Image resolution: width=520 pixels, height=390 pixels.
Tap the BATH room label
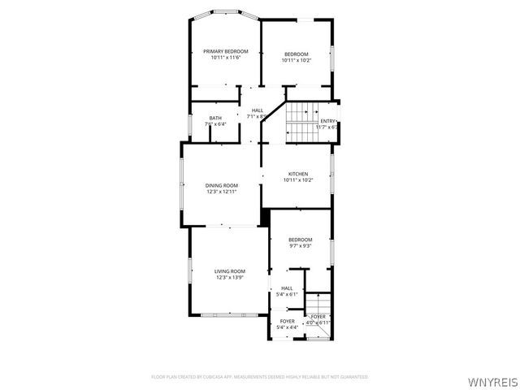click(x=215, y=119)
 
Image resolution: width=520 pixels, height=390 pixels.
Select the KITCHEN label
click(x=298, y=174)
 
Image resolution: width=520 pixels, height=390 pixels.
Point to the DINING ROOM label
click(x=221, y=185)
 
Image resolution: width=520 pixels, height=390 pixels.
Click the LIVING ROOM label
click(x=230, y=271)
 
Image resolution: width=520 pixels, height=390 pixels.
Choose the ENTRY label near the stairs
click(x=327, y=121)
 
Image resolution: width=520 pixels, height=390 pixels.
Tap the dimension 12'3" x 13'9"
click(x=230, y=278)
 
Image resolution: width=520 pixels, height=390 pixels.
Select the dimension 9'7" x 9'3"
click(x=301, y=246)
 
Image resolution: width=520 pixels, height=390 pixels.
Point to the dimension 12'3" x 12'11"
click(x=221, y=192)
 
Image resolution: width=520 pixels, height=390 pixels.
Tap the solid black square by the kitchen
click(x=265, y=218)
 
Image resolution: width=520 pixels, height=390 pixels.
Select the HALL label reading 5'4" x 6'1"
click(x=287, y=288)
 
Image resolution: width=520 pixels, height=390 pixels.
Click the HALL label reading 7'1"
click(x=258, y=110)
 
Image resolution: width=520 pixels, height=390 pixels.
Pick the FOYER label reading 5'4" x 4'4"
click(x=288, y=322)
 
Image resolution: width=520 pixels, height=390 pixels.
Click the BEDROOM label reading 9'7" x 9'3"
click(x=301, y=240)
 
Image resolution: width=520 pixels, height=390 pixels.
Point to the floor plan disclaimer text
click(x=260, y=377)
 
